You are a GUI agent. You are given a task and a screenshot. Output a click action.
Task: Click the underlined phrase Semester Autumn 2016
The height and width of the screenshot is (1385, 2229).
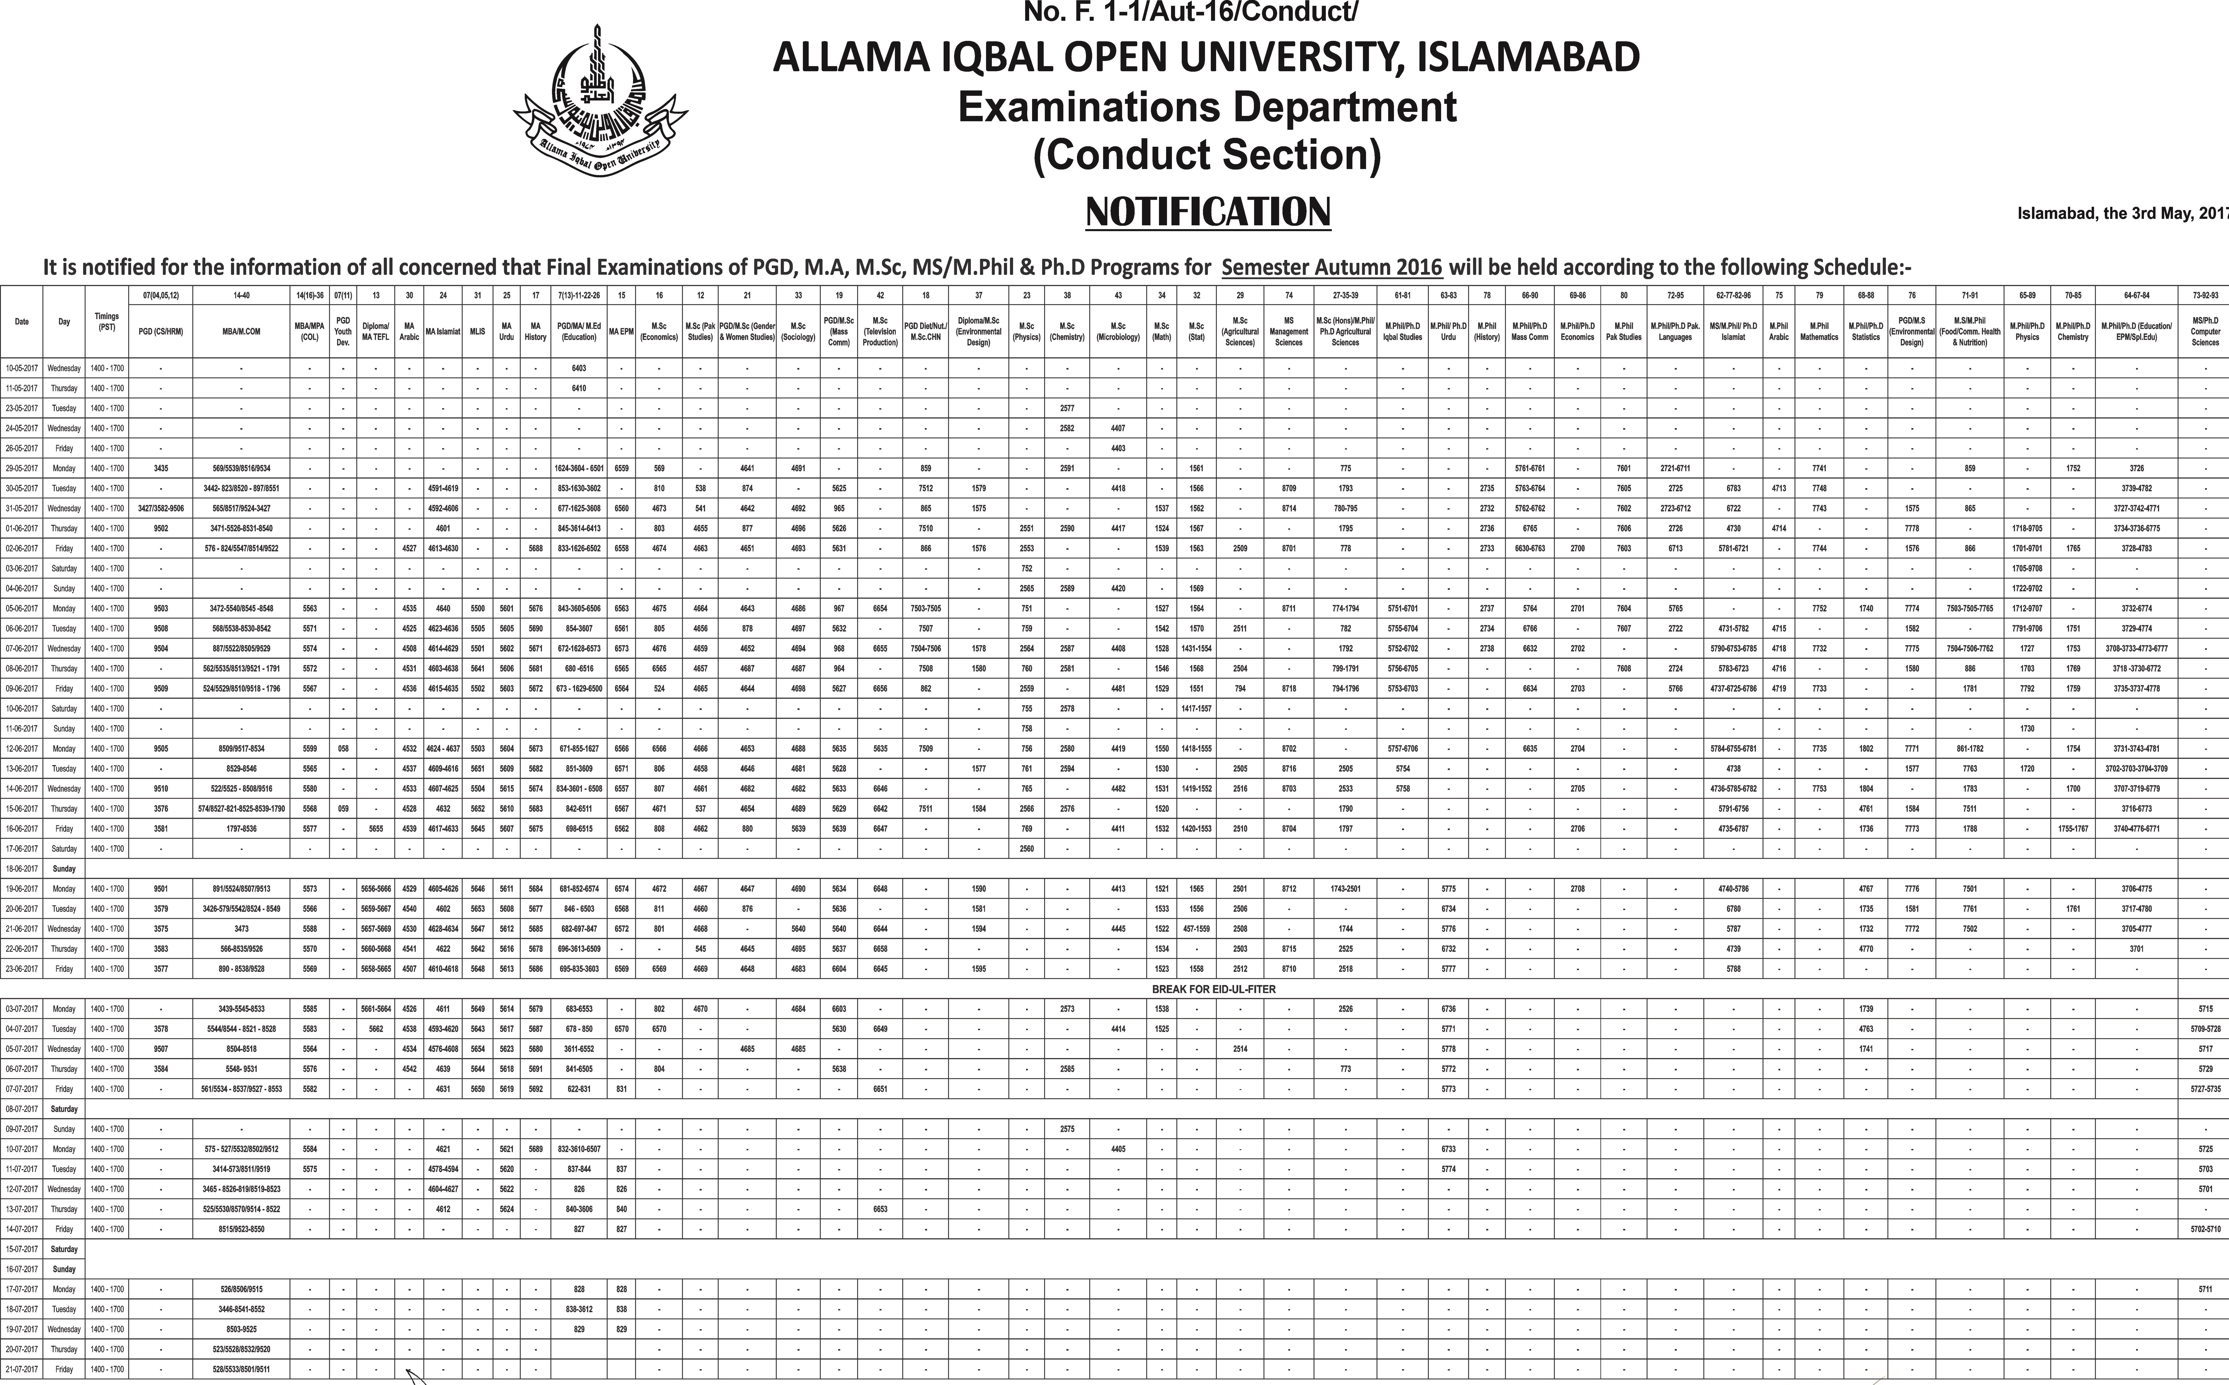click(x=1331, y=268)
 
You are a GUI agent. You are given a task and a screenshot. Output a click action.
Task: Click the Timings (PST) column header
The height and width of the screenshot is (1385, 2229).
click(x=106, y=322)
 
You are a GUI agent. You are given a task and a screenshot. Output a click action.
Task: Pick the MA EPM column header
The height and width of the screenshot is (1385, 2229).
click(x=621, y=332)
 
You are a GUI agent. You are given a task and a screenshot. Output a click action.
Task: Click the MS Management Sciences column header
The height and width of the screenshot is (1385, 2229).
click(x=1288, y=332)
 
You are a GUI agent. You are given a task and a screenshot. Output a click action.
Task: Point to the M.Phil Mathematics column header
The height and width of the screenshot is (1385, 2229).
click(x=1819, y=332)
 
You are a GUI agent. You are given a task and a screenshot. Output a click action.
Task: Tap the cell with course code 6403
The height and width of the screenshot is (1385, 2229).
click(x=579, y=368)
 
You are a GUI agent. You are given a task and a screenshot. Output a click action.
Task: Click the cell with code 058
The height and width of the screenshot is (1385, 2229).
click(x=343, y=748)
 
